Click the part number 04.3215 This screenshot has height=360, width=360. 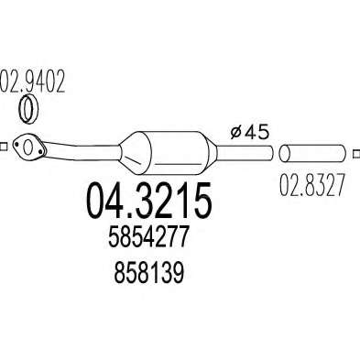pyautogui.click(x=149, y=201)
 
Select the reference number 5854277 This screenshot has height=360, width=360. pyautogui.click(x=147, y=236)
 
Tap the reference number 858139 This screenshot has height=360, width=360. pyautogui.click(x=149, y=273)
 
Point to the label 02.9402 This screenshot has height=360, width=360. pyautogui.click(x=32, y=82)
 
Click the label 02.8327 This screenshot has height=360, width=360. pyautogui.click(x=312, y=185)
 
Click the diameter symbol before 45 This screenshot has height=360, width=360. pyautogui.click(x=235, y=134)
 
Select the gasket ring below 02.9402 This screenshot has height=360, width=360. pyautogui.click(x=28, y=109)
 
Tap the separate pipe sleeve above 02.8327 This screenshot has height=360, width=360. pyautogui.click(x=312, y=153)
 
